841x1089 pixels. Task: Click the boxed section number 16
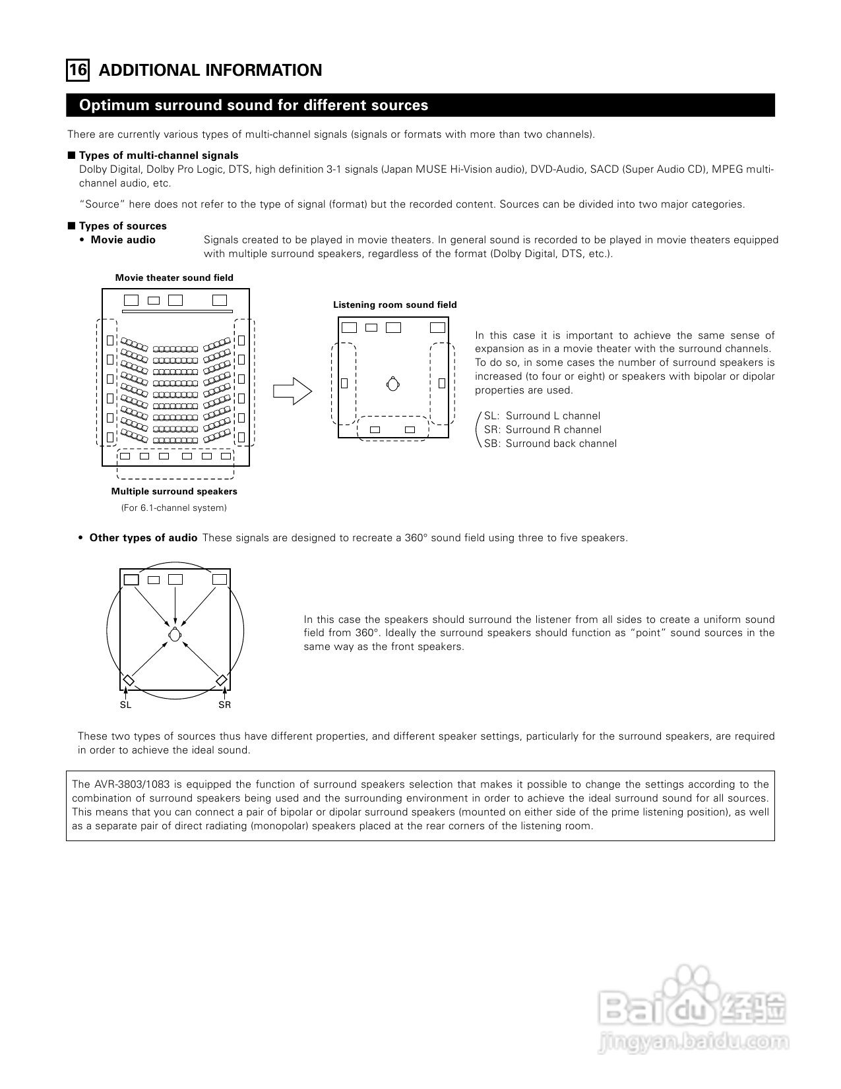(78, 70)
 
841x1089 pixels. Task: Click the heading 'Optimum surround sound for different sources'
(253, 105)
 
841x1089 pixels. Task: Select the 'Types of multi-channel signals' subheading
(158, 156)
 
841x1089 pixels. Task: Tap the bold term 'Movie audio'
(123, 240)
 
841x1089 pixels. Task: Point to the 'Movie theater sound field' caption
(174, 278)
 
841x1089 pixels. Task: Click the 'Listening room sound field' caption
(394, 305)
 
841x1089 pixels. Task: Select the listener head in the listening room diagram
(393, 384)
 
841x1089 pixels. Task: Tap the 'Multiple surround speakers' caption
(174, 491)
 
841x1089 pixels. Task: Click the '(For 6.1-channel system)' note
(173, 508)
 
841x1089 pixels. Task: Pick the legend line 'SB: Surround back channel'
(550, 444)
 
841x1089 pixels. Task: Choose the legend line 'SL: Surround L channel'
(542, 416)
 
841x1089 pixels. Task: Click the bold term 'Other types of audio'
(143, 538)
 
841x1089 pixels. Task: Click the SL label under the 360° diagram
(125, 705)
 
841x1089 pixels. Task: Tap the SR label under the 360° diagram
(224, 705)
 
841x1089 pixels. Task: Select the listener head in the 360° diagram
(174, 634)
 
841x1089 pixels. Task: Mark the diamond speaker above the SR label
(222, 680)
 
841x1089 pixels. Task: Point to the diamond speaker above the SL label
(129, 680)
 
